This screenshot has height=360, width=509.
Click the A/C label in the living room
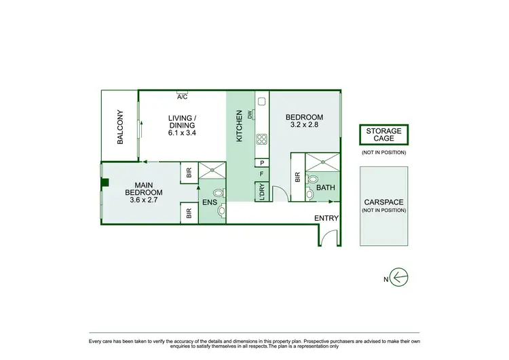pos(182,96)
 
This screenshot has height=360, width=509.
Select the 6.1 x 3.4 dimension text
pos(182,133)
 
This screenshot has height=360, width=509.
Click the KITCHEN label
pos(239,126)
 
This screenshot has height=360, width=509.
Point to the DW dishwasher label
pos(250,115)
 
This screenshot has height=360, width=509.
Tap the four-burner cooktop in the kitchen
pos(260,140)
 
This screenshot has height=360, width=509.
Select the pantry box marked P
pos(261,163)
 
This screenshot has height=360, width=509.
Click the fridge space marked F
pos(261,175)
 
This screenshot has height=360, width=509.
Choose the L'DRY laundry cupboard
pos(261,193)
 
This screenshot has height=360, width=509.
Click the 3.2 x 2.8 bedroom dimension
pos(304,125)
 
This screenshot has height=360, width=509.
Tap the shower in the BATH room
pos(321,162)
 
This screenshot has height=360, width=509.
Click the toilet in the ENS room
pos(218,193)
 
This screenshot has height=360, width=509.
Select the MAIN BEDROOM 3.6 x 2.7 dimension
pos(143,201)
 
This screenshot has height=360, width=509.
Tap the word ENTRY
pos(326,217)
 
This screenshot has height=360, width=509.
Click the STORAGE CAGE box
pos(384,134)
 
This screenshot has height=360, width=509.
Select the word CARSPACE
pos(384,202)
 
